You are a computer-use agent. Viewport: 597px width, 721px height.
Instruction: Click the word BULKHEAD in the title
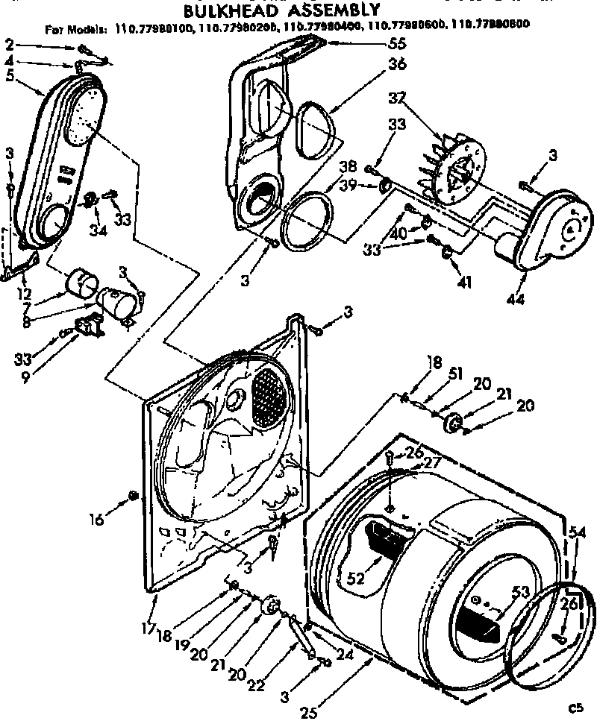coord(223,11)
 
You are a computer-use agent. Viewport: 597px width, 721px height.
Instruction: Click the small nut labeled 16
coord(132,496)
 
